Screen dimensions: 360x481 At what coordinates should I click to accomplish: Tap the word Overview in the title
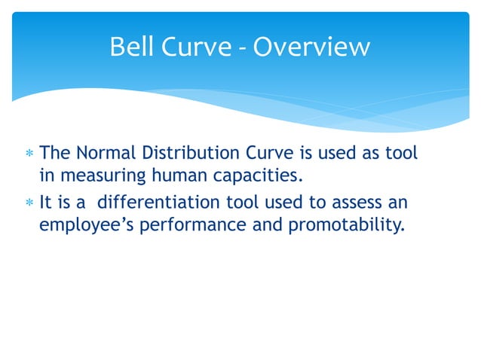pyautogui.click(x=311, y=47)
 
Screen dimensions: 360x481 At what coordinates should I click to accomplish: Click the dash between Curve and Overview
pyautogui.click(x=244, y=49)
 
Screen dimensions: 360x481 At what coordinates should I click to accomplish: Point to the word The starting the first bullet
pyautogui.click(x=54, y=154)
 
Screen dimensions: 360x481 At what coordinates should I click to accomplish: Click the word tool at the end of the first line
pyautogui.click(x=403, y=154)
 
